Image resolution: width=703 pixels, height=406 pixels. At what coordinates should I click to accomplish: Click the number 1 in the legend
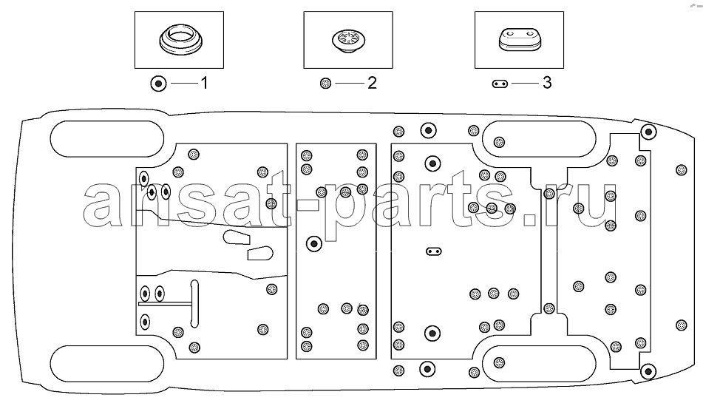(204, 83)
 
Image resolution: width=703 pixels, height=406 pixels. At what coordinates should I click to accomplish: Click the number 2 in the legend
(372, 83)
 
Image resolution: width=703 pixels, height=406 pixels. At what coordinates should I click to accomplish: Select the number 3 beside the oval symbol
(547, 83)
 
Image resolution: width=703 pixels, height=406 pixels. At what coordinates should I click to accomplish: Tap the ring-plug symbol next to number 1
(158, 84)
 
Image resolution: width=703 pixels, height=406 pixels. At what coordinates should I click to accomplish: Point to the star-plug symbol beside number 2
(326, 84)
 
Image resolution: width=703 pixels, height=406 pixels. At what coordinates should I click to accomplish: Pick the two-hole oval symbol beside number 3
(500, 84)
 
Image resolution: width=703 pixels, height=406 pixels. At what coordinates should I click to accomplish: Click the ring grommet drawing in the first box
(180, 40)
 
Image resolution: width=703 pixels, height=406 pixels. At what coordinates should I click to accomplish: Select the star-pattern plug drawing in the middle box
(348, 39)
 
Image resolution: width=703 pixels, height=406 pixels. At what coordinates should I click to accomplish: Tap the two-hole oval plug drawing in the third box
(520, 40)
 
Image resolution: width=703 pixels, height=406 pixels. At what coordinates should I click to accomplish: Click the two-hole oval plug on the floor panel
(433, 251)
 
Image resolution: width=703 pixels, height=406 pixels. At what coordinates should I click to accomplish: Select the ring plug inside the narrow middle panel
(314, 244)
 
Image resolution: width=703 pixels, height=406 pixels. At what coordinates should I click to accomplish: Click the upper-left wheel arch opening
(107, 138)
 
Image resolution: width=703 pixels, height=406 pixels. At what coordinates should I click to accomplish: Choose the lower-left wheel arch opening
(107, 363)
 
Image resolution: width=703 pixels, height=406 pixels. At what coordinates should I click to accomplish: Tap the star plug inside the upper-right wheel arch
(499, 142)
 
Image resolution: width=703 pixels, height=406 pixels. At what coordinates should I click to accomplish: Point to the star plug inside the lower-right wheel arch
(499, 362)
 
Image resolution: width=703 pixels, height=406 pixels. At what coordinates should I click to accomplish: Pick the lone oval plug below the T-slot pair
(145, 322)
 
